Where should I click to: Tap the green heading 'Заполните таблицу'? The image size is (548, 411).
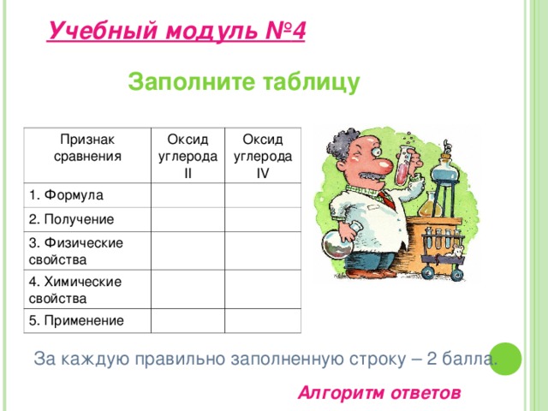[243, 82]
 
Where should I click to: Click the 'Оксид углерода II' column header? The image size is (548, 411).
[188, 155]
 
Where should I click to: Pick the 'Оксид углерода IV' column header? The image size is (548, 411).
[263, 154]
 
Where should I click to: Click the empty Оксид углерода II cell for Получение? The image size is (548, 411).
[188, 221]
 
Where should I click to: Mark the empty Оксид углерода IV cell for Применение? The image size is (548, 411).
[263, 321]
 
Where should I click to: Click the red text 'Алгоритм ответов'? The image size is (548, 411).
[378, 393]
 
